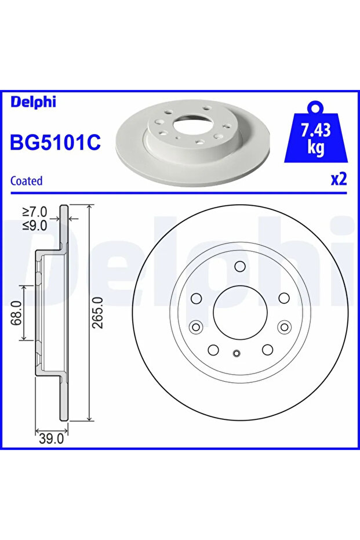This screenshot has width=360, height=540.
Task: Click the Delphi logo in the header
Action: (33, 102)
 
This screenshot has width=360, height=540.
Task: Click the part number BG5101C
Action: (56, 142)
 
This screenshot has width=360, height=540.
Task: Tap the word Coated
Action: (27, 180)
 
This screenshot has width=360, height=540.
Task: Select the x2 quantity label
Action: (339, 179)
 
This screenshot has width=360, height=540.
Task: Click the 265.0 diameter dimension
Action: (99, 313)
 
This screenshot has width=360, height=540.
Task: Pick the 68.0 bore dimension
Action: (16, 313)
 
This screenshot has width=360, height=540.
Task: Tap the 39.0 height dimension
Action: (51, 438)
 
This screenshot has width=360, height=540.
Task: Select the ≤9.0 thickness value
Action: (35, 226)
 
